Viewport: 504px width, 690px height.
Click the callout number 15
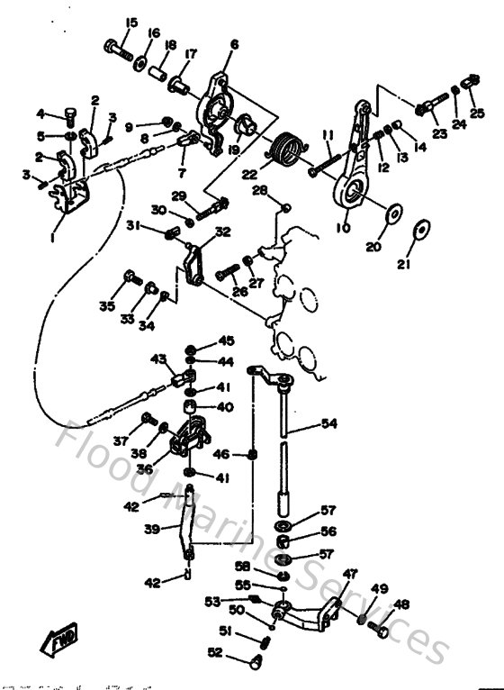click(132, 23)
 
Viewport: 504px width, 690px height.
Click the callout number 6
click(234, 43)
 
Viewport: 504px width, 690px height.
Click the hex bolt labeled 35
click(130, 276)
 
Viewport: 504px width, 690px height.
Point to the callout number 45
click(226, 340)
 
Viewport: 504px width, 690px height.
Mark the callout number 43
click(158, 359)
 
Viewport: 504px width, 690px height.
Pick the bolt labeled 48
click(379, 631)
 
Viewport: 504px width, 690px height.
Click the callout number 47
click(349, 572)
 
